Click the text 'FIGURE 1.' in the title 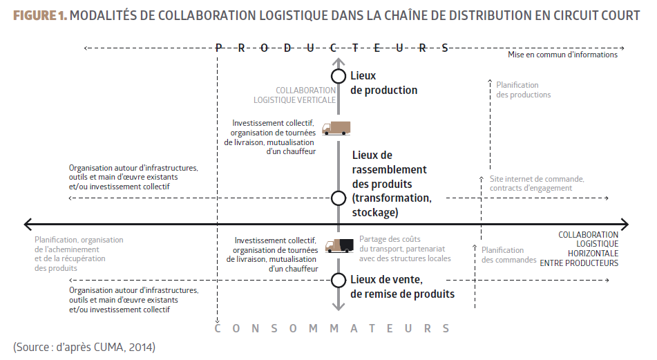click(x=40, y=15)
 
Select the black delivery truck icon click(x=339, y=245)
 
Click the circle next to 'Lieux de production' click(x=338, y=77)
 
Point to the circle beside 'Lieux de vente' click(x=338, y=280)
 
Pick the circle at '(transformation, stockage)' click(x=338, y=198)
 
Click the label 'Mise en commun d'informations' click(x=562, y=55)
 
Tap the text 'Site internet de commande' click(x=537, y=179)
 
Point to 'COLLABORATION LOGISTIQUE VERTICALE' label click(x=305, y=95)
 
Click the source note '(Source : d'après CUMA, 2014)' click(x=84, y=346)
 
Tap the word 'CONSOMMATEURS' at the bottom click(x=332, y=329)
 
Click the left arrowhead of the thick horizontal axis click(x=28, y=224)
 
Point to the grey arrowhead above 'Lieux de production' click(x=338, y=57)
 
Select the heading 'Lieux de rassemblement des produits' click(x=389, y=170)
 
